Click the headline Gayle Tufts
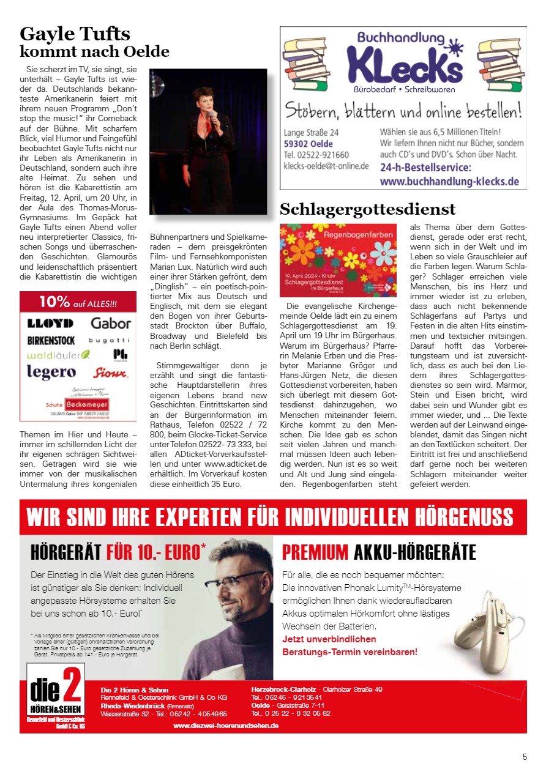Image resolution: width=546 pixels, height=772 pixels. [x=75, y=34]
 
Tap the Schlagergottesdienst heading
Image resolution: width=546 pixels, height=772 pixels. [x=367, y=209]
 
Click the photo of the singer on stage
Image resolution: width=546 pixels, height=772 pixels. [x=208, y=141]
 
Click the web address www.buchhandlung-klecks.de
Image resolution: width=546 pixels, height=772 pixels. [x=449, y=182]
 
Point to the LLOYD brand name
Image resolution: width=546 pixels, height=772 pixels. [x=50, y=323]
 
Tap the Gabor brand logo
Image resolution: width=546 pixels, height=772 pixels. [x=111, y=323]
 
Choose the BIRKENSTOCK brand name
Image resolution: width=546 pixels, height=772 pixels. [x=51, y=340]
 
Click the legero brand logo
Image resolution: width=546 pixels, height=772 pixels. [x=51, y=371]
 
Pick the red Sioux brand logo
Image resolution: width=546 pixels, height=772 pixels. [x=110, y=373]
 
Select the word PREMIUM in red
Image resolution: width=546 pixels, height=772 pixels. [x=315, y=552]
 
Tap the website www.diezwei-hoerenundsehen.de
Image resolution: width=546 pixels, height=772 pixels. [x=226, y=726]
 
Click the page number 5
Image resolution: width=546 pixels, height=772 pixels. [x=525, y=757]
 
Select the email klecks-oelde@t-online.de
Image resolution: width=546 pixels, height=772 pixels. [x=326, y=166]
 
